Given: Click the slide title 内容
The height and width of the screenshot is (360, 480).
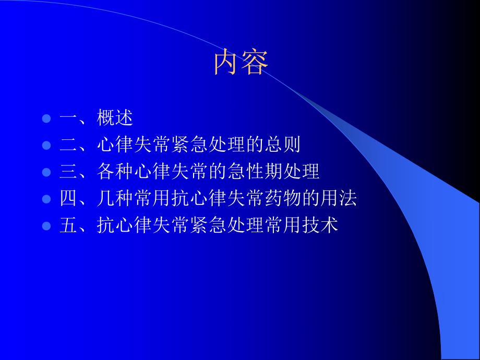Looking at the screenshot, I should coord(241,63).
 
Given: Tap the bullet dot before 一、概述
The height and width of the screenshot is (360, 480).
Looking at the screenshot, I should coord(46,118).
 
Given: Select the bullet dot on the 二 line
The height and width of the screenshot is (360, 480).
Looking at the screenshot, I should coord(46,145).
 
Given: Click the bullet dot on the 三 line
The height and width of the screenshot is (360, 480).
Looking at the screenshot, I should coord(46,172).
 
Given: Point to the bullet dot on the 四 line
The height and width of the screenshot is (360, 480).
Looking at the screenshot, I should coord(46,199).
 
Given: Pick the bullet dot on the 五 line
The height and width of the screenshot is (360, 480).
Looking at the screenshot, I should coord(46,226).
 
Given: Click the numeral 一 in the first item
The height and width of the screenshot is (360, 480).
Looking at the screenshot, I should coord(69,118).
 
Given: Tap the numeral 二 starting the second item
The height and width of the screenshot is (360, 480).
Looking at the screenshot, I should coord(69,145).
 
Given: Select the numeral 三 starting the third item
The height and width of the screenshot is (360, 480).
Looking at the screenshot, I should coord(69,172).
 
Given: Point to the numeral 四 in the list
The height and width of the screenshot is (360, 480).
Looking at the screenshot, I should coord(69,199).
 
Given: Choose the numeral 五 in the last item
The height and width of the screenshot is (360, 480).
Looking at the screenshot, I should coord(69,226).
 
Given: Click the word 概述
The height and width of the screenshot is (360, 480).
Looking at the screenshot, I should coord(115,118).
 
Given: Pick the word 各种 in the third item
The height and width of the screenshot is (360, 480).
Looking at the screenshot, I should coord(115,172).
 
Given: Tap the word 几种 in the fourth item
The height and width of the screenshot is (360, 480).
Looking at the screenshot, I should coord(115,199).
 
